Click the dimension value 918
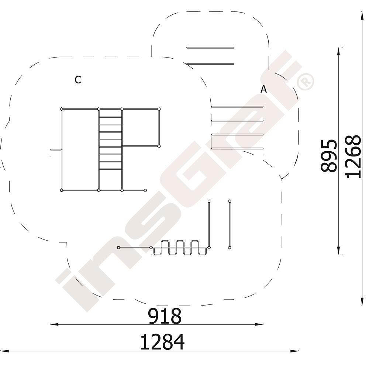point(165,316)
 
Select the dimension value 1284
point(163,342)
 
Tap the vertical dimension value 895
point(329,156)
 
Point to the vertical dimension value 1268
point(353,156)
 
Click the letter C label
point(78,80)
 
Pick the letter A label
point(264,89)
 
